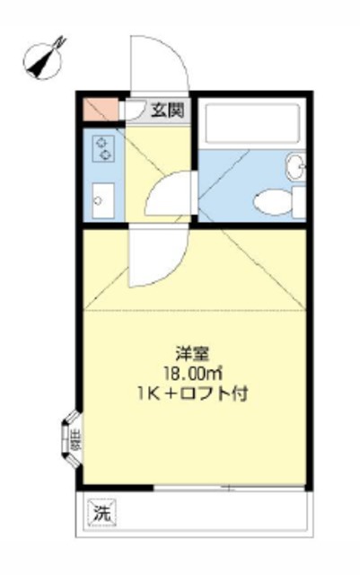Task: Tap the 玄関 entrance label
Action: point(166,111)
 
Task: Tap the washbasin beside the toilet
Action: point(297,165)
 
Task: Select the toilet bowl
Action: point(270,200)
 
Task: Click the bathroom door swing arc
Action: point(170,193)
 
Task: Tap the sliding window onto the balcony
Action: point(229,489)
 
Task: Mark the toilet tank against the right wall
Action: point(298,201)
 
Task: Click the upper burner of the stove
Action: point(104,141)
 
